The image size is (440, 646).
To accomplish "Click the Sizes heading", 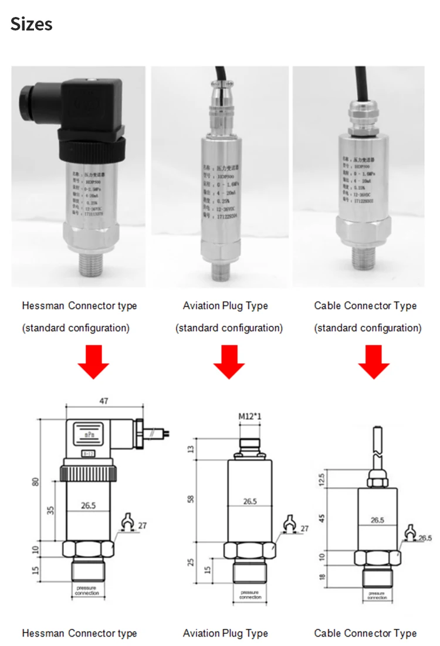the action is coord(32,25).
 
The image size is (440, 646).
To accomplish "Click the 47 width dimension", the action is coord(104,402).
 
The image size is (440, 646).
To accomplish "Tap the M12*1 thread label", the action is coord(250,417).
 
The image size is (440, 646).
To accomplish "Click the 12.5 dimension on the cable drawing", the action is coord(337,480).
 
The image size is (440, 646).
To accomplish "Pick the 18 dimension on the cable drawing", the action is coord(337,577).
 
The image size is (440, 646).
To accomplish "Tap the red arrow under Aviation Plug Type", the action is coord(229,362).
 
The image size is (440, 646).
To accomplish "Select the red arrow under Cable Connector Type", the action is coord(374,362).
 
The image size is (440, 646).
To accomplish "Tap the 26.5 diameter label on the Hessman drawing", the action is coord(89,504).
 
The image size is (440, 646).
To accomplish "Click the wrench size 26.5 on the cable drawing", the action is coord(425,538).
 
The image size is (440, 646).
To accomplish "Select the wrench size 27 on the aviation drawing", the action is coord(304,529).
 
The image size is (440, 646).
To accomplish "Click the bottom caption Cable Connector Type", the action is coord(365,633).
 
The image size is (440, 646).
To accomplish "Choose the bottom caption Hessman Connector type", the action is coord(79,633).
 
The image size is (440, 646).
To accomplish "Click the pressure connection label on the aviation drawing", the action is coord(251,594).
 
